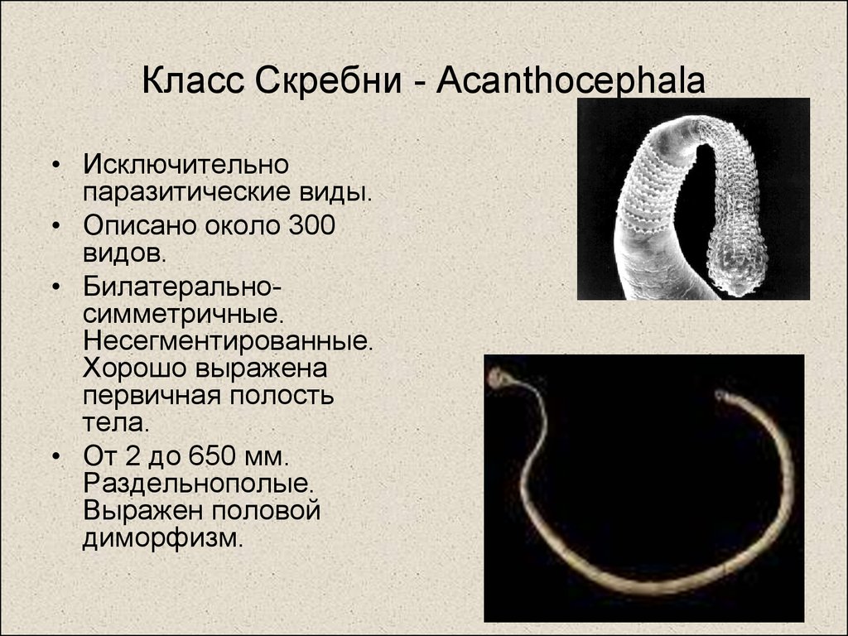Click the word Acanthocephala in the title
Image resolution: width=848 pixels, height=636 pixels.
point(571,81)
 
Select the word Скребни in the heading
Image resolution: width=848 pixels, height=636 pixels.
point(328,81)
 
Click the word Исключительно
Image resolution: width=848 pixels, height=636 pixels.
point(186,165)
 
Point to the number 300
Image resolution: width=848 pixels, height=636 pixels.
point(312,225)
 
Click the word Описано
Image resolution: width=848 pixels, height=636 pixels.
point(140,225)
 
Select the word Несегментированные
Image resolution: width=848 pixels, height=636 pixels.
point(229,340)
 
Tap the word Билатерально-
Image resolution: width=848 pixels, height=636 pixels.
point(182,287)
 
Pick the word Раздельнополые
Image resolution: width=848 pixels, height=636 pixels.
point(199,484)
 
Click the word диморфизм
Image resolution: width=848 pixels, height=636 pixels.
point(163,538)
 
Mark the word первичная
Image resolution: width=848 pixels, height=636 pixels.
point(152,395)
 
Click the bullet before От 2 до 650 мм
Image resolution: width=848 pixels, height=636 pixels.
point(55,456)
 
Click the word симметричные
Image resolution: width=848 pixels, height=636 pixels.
point(183,314)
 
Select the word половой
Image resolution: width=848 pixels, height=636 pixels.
point(266,511)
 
